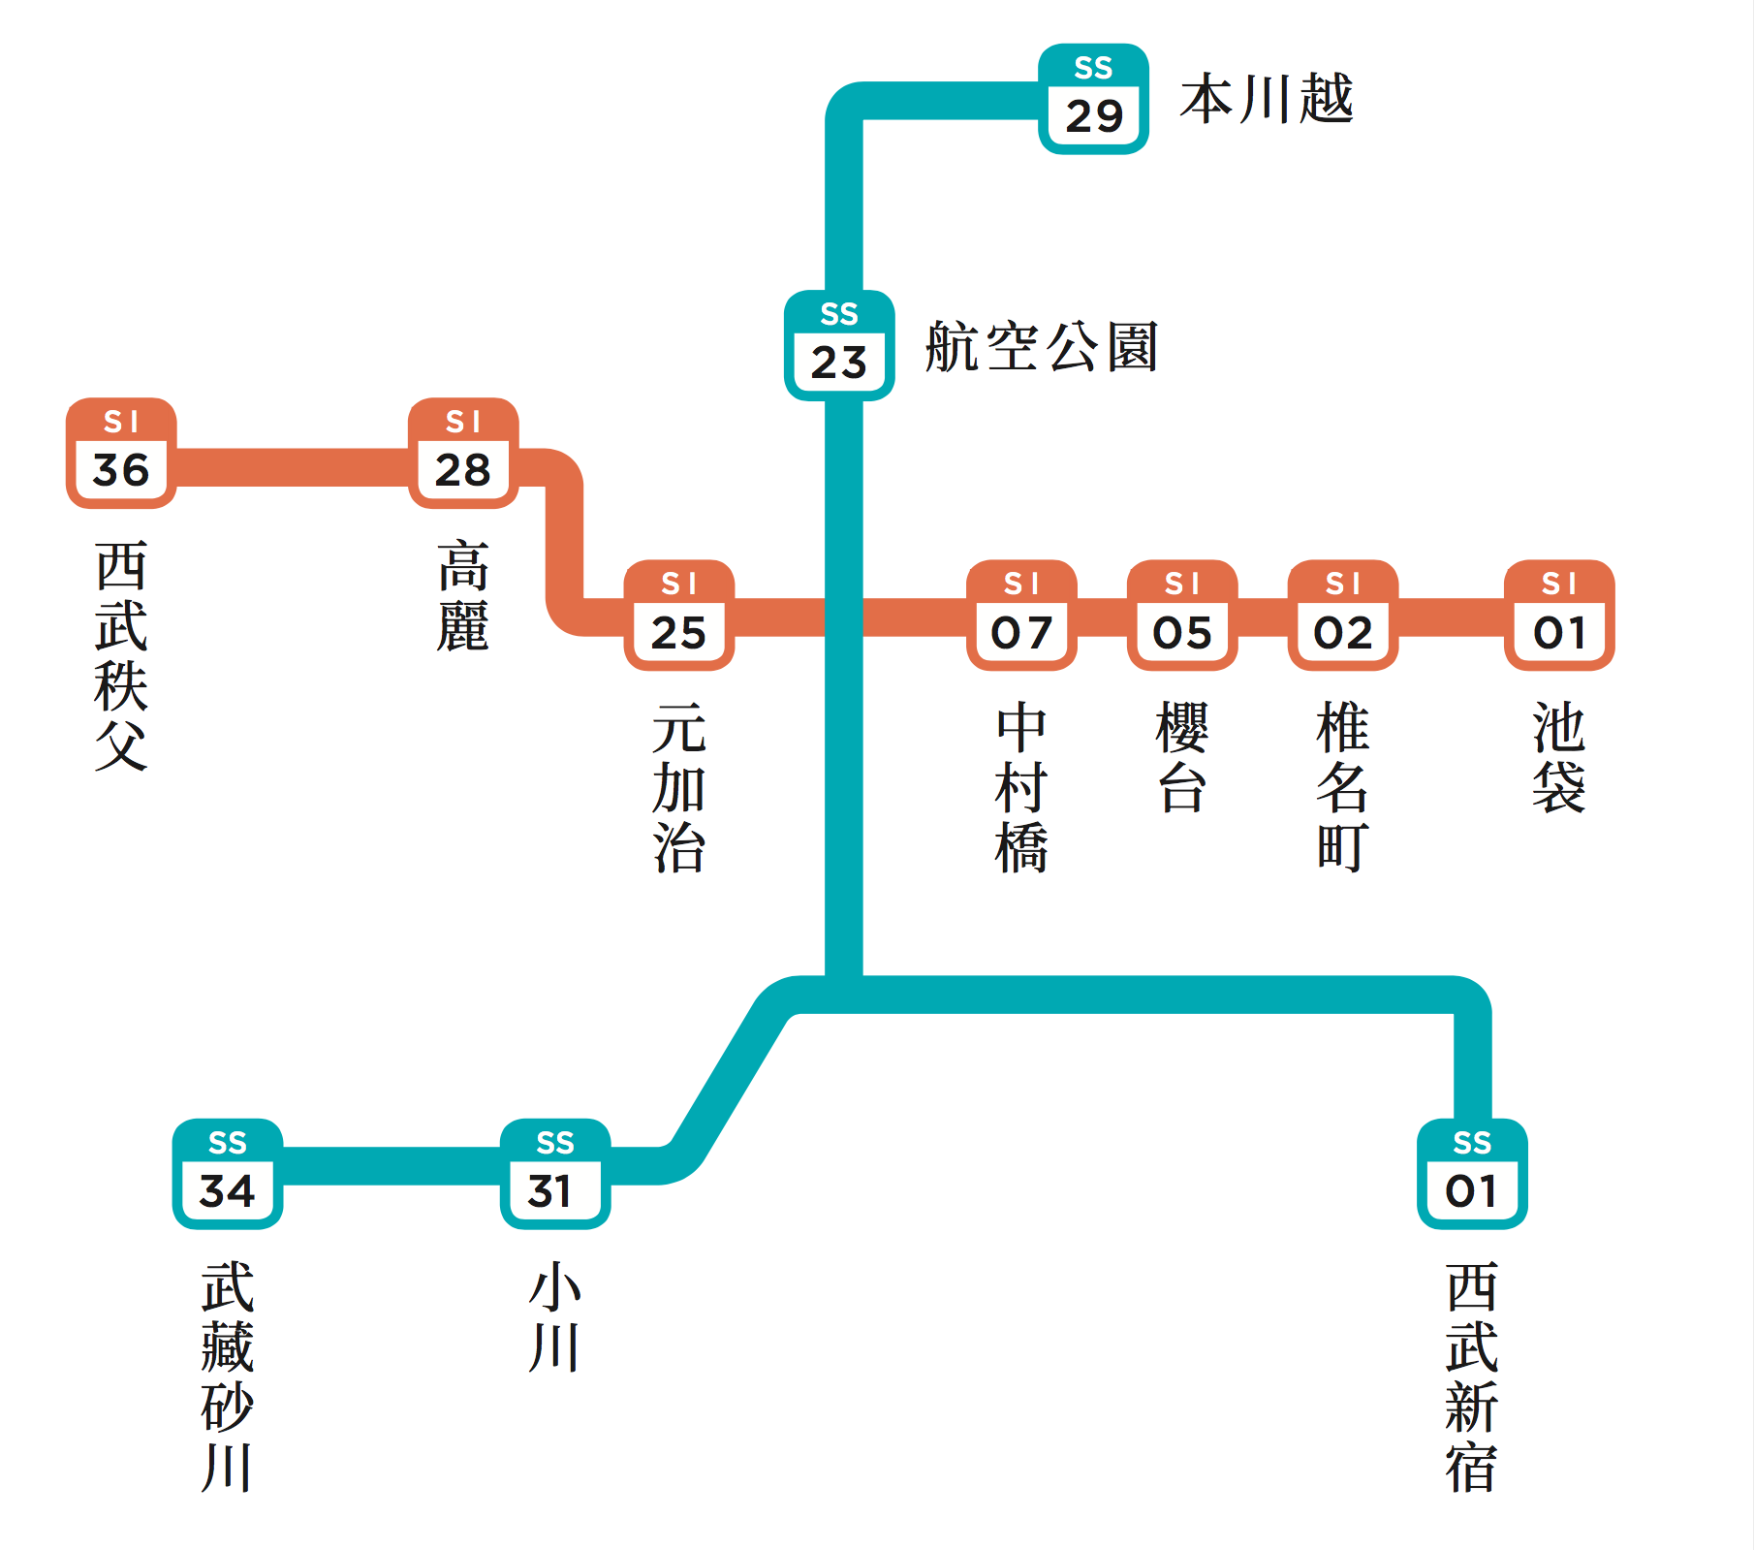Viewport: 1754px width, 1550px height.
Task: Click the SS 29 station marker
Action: pos(1093,99)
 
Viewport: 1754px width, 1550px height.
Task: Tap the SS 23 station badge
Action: pos(839,345)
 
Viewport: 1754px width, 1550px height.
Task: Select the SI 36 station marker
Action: pos(121,453)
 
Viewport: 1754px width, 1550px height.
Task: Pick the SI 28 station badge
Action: pos(463,453)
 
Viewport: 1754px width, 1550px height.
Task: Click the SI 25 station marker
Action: pos(678,615)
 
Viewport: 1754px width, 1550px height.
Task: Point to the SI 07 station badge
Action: pos(1021,615)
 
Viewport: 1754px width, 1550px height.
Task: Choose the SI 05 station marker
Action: pos(1182,615)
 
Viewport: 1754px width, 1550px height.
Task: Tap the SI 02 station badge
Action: pos(1343,615)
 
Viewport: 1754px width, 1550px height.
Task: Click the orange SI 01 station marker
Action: pos(1559,615)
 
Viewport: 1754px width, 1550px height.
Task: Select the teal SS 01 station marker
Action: pos(1472,1174)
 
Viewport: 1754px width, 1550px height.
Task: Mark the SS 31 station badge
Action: pos(555,1174)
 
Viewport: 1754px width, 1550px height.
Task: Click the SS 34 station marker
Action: pos(228,1174)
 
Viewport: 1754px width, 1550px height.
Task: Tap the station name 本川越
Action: pos(1266,99)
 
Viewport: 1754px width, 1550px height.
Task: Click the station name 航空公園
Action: pos(1042,347)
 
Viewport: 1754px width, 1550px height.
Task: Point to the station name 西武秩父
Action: pos(121,655)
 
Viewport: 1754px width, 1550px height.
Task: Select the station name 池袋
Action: pos(1559,757)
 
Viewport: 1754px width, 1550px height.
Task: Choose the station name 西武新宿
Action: pos(1472,1376)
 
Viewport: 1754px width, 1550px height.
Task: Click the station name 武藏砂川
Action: pos(228,1376)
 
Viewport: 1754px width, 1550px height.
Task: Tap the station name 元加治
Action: pos(678,787)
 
